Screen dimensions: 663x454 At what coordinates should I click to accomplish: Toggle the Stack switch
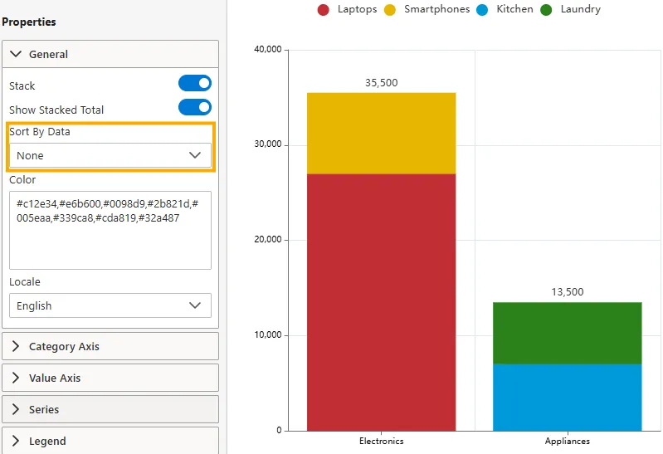195,83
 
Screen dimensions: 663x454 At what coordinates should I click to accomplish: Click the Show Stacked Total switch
195,107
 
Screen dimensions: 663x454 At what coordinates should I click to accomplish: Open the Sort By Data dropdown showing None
110,155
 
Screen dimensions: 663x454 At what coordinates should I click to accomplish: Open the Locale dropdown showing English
110,305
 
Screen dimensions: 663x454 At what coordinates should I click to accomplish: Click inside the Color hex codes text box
110,230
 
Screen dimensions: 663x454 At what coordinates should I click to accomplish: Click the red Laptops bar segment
382,302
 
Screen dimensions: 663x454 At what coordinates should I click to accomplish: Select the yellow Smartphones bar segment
382,134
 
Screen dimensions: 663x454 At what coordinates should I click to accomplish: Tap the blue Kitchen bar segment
568,398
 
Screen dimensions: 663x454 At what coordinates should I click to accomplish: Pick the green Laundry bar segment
568,334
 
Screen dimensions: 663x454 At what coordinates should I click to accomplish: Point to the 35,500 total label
382,82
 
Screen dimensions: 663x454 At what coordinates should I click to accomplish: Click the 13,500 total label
568,292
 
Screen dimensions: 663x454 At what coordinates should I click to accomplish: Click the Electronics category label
382,441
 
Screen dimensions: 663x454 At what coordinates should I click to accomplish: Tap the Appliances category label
568,441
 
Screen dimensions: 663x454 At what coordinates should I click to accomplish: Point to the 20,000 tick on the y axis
268,240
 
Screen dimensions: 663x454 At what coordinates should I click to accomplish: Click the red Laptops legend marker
324,10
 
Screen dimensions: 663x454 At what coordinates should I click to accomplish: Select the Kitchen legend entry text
514,9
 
